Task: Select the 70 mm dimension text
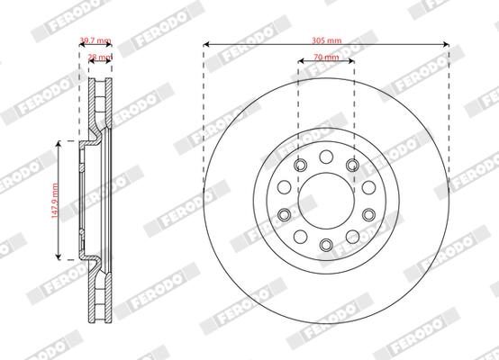(x=325, y=57)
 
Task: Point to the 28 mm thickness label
(x=99, y=57)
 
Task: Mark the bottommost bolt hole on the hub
(x=325, y=245)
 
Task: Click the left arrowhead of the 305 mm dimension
(x=206, y=43)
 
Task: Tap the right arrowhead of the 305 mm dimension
(x=446, y=43)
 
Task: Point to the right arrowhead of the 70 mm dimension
(x=351, y=62)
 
